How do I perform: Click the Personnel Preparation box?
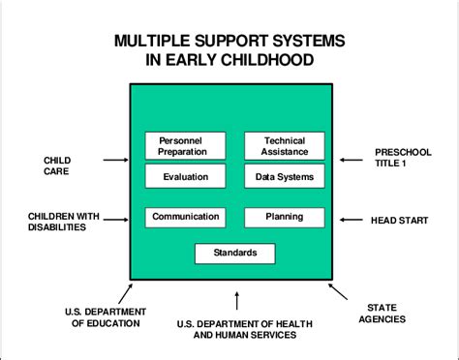point(185,145)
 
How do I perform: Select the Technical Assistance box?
point(284,145)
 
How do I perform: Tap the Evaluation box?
point(185,176)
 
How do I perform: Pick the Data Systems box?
point(284,176)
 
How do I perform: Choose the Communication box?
point(185,217)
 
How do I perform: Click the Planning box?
point(284,217)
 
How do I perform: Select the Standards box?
point(234,254)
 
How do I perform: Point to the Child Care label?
point(57,166)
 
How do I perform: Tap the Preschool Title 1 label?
point(403,159)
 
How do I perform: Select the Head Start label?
point(399,220)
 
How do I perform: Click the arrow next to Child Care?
point(114,160)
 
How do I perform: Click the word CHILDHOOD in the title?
point(261,60)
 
